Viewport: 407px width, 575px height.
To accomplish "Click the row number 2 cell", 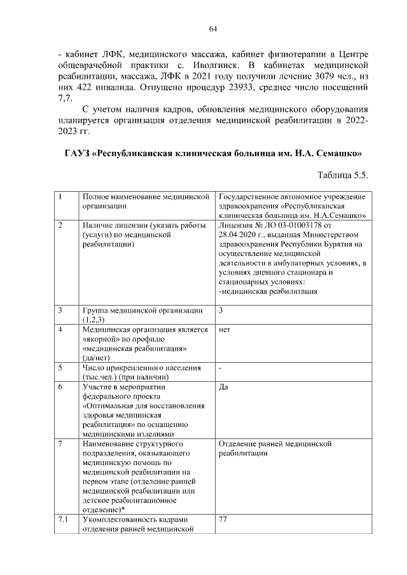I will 60,226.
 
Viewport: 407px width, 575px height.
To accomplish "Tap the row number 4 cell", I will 60,330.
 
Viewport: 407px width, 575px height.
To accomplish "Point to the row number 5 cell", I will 60,368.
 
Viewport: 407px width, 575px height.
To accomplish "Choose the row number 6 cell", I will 60,388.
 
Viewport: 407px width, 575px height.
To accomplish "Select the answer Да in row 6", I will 223,388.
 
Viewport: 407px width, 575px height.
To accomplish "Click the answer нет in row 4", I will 224,330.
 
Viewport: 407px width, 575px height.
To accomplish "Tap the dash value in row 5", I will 219,368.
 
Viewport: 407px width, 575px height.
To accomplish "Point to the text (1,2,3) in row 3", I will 96,319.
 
